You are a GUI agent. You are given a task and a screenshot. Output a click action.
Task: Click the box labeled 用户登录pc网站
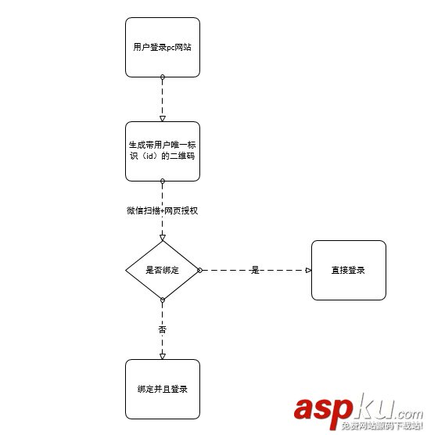click(163, 48)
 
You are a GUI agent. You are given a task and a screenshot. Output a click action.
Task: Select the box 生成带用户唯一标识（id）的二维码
click(163, 151)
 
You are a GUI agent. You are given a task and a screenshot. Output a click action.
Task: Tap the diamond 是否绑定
click(163, 270)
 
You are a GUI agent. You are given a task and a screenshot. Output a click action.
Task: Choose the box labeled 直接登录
click(349, 270)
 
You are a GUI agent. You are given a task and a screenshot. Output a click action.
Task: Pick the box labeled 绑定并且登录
click(163, 389)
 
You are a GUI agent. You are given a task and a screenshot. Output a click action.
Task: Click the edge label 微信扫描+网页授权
click(162, 210)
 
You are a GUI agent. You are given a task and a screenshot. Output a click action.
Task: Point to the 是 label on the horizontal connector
click(255, 270)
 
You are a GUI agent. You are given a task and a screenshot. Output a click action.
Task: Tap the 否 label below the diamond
click(163, 329)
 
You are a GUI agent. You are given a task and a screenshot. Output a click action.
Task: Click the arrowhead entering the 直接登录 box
click(308, 270)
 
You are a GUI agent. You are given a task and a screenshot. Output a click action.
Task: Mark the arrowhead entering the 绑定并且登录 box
click(163, 357)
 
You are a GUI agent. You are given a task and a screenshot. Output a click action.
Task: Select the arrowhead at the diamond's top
click(163, 238)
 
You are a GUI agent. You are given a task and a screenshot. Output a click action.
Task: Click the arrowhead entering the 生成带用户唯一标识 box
click(163, 119)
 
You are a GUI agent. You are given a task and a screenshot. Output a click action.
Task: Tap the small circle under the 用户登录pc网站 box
click(163, 77)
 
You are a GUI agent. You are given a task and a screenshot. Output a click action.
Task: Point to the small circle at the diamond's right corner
click(199, 270)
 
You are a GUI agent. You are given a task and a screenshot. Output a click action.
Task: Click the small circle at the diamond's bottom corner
click(163, 300)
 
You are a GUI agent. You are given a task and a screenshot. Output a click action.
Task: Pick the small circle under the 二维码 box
click(163, 182)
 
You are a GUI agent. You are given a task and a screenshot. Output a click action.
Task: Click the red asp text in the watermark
click(323, 410)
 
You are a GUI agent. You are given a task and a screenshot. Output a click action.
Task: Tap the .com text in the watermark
click(409, 414)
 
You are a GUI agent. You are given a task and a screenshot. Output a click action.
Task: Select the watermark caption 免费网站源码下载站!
click(382, 426)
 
